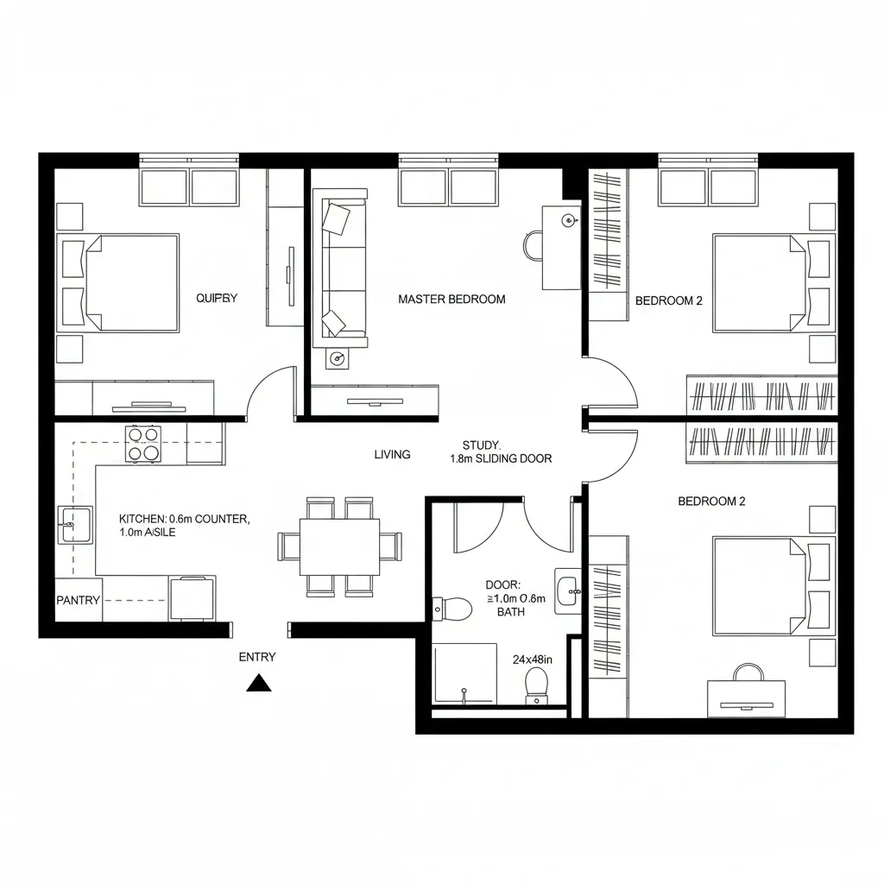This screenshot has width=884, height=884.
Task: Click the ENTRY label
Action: click(257, 657)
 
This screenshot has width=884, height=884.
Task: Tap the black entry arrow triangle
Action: click(259, 684)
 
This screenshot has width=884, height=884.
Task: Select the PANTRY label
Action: click(78, 600)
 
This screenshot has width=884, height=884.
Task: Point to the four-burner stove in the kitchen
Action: click(143, 443)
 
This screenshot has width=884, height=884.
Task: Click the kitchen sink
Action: click(75, 525)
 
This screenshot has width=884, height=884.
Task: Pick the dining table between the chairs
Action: click(339, 546)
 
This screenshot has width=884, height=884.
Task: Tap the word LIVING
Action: click(392, 454)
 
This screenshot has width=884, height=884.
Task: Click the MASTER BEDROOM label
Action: click(451, 300)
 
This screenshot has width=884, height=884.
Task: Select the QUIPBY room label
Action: click(216, 299)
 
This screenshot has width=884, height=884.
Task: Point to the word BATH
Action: click(511, 611)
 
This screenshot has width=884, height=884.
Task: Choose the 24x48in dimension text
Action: click(533, 660)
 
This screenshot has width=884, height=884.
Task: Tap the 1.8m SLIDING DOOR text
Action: click(501, 459)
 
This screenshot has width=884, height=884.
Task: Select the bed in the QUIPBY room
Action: click(121, 282)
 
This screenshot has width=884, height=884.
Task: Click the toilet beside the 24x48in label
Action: click(537, 684)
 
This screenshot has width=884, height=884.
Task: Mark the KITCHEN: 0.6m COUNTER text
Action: click(184, 519)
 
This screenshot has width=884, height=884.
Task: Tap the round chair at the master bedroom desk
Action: click(532, 245)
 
